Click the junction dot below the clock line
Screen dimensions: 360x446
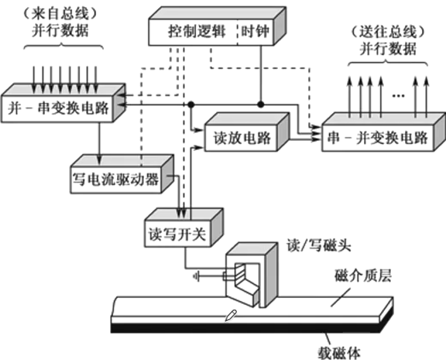(x=260, y=104)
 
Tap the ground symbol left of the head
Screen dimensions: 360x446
(x=197, y=277)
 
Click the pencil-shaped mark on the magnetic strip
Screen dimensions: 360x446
(x=231, y=314)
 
